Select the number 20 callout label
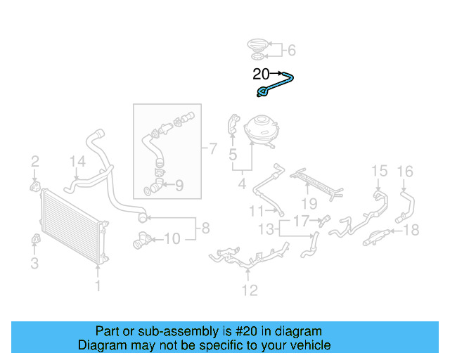pyautogui.click(x=261, y=73)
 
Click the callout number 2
pyautogui.click(x=34, y=163)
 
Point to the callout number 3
pyautogui.click(x=34, y=264)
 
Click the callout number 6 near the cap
pyautogui.click(x=292, y=49)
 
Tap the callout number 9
pyautogui.click(x=179, y=186)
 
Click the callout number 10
pyautogui.click(x=172, y=239)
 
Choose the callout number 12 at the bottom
pyautogui.click(x=250, y=290)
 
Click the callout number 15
pyautogui.click(x=379, y=171)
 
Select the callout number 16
pyautogui.click(x=405, y=171)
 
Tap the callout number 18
pyautogui.click(x=411, y=229)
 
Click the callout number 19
pyautogui.click(x=309, y=204)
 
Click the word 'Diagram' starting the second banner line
pyautogui.click(x=101, y=345)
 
